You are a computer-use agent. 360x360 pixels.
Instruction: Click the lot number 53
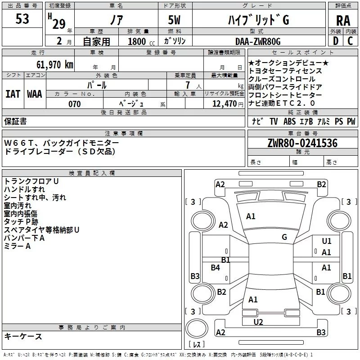pyautogui.click(x=22, y=19)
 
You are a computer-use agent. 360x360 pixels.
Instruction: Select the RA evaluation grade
pyautogui.click(x=343, y=21)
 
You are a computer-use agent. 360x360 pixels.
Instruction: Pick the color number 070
pyautogui.click(x=74, y=104)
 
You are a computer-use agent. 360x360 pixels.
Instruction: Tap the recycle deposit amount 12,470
pyautogui.click(x=224, y=104)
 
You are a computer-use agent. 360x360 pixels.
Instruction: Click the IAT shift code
pyautogui.click(x=13, y=94)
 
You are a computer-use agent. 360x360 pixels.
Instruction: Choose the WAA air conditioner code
pyautogui.click(x=35, y=94)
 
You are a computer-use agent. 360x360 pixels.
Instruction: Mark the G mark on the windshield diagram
pyautogui.click(x=284, y=237)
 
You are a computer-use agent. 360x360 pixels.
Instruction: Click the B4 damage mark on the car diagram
pyautogui.click(x=216, y=268)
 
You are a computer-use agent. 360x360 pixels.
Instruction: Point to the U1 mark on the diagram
pyautogui.click(x=327, y=241)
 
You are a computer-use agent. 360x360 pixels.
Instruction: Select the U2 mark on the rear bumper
pyautogui.click(x=258, y=322)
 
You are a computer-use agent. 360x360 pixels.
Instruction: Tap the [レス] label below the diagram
pyautogui.click(x=197, y=345)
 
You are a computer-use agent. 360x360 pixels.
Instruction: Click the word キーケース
pyautogui.click(x=23, y=336)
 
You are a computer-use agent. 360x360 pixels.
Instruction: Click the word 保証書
pyautogui.click(x=15, y=121)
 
